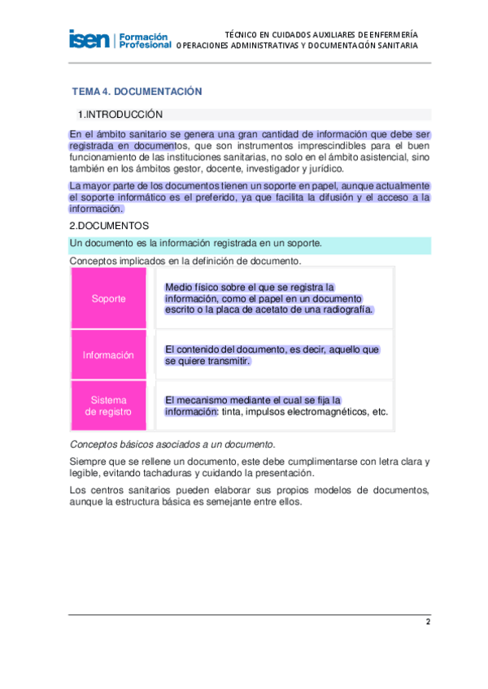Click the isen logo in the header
(89, 39)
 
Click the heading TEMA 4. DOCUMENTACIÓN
(137, 92)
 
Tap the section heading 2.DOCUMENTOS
(109, 225)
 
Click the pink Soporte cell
(109, 298)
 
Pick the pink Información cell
(109, 355)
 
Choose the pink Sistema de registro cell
(109, 406)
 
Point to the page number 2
(428, 622)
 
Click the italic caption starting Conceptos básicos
(172, 444)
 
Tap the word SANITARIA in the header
(394, 46)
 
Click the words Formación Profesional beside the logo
(144, 41)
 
